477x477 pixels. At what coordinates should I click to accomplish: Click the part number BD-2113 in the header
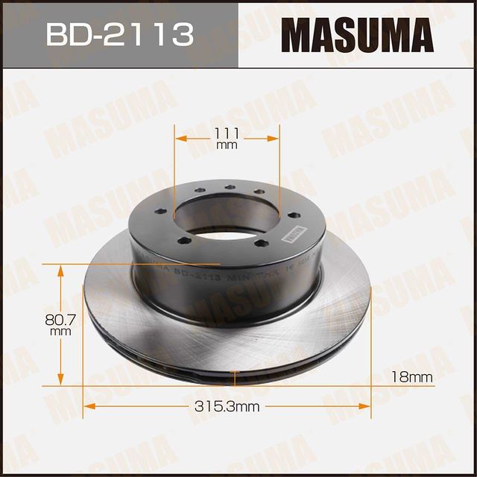coord(119,34)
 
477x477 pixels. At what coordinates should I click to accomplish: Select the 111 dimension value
coord(227,133)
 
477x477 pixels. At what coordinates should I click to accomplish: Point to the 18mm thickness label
coord(411,377)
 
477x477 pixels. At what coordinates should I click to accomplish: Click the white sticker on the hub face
coord(293,233)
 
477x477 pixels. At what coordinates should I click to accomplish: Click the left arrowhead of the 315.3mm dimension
coord(86,406)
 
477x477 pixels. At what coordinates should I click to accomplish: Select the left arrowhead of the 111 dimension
coord(179,139)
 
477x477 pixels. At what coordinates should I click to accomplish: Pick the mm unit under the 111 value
coord(227,145)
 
